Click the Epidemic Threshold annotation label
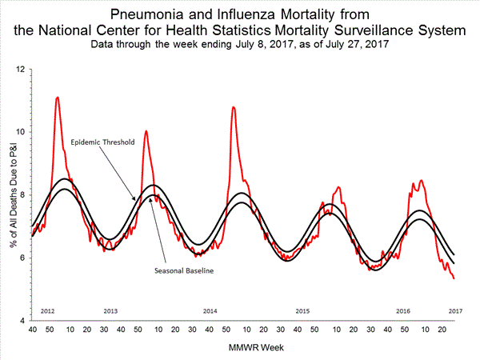(102, 142)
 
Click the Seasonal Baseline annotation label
(183, 270)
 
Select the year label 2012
(48, 310)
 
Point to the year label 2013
(111, 310)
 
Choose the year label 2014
(210, 310)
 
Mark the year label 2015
(302, 310)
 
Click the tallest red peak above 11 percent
(57, 98)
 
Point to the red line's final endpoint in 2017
(454, 278)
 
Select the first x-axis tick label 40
(32, 329)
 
